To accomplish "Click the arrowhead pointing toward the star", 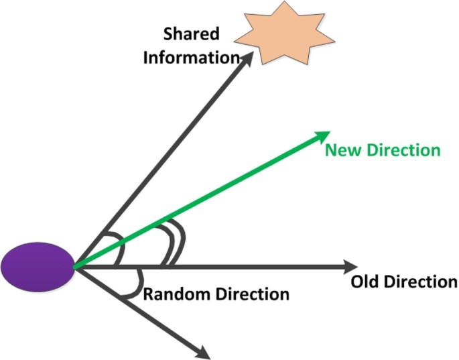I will (x=247, y=58).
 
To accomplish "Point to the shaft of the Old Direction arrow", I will (x=235, y=266).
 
